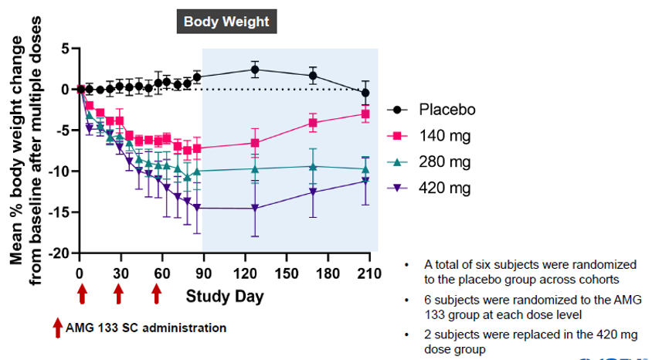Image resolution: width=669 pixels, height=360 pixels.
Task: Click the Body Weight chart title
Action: pyautogui.click(x=226, y=22)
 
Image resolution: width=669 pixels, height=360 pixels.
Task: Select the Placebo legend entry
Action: pyautogui.click(x=447, y=109)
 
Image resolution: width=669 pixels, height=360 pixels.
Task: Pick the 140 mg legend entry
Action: pyautogui.click(x=444, y=136)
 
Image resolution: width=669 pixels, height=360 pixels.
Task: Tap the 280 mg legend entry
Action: pyautogui.click(x=444, y=161)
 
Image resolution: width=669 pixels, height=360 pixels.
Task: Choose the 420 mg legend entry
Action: pyautogui.click(x=444, y=188)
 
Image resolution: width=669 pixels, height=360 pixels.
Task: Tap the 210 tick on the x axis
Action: pyautogui.click(x=369, y=272)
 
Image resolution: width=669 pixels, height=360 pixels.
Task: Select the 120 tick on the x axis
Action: pyautogui.click(x=244, y=272)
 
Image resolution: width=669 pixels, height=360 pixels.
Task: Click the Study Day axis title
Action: pyautogui.click(x=224, y=296)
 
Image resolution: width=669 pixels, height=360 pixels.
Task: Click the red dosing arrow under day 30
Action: pyautogui.click(x=118, y=294)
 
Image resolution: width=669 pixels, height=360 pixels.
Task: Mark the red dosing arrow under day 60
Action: pyautogui.click(x=158, y=294)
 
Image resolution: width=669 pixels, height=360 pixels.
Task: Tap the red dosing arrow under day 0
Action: pyautogui.click(x=82, y=294)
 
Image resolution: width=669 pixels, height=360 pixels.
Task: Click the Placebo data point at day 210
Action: pyautogui.click(x=365, y=93)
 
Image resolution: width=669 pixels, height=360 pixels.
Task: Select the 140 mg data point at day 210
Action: pyautogui.click(x=365, y=114)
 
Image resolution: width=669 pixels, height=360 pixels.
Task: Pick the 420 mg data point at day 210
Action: pyautogui.click(x=365, y=181)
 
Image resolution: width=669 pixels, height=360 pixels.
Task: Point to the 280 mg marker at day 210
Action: pyautogui.click(x=365, y=168)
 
